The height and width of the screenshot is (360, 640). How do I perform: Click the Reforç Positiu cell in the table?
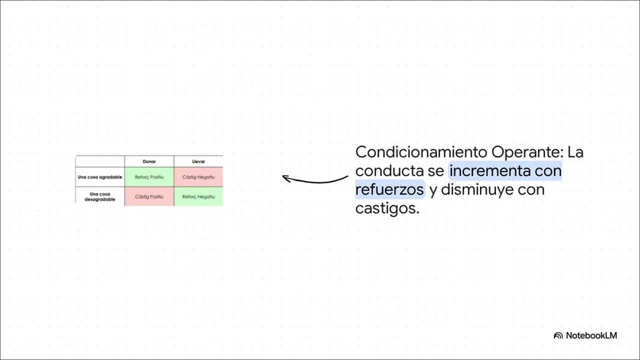click(x=149, y=177)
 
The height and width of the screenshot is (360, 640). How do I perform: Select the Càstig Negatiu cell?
click(x=198, y=177)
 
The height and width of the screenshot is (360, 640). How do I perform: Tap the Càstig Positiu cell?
click(x=149, y=196)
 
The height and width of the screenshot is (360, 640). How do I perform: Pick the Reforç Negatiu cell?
click(x=198, y=196)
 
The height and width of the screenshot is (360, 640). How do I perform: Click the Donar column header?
click(x=149, y=162)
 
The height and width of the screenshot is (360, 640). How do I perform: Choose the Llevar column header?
click(x=198, y=162)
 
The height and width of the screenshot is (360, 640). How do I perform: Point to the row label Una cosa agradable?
click(x=100, y=177)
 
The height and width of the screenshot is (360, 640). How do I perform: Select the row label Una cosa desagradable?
click(x=100, y=196)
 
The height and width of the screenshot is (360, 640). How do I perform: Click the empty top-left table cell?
click(x=100, y=162)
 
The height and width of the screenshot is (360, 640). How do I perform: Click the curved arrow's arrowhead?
click(x=286, y=178)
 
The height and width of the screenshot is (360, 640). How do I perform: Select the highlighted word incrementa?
click(x=489, y=171)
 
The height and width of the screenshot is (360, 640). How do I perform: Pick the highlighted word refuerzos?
click(x=389, y=190)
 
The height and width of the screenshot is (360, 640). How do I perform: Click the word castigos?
click(x=387, y=208)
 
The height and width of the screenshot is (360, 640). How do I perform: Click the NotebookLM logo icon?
click(x=558, y=335)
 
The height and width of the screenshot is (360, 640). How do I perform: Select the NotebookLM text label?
click(x=592, y=335)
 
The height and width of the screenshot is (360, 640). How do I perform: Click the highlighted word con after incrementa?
click(x=547, y=171)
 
